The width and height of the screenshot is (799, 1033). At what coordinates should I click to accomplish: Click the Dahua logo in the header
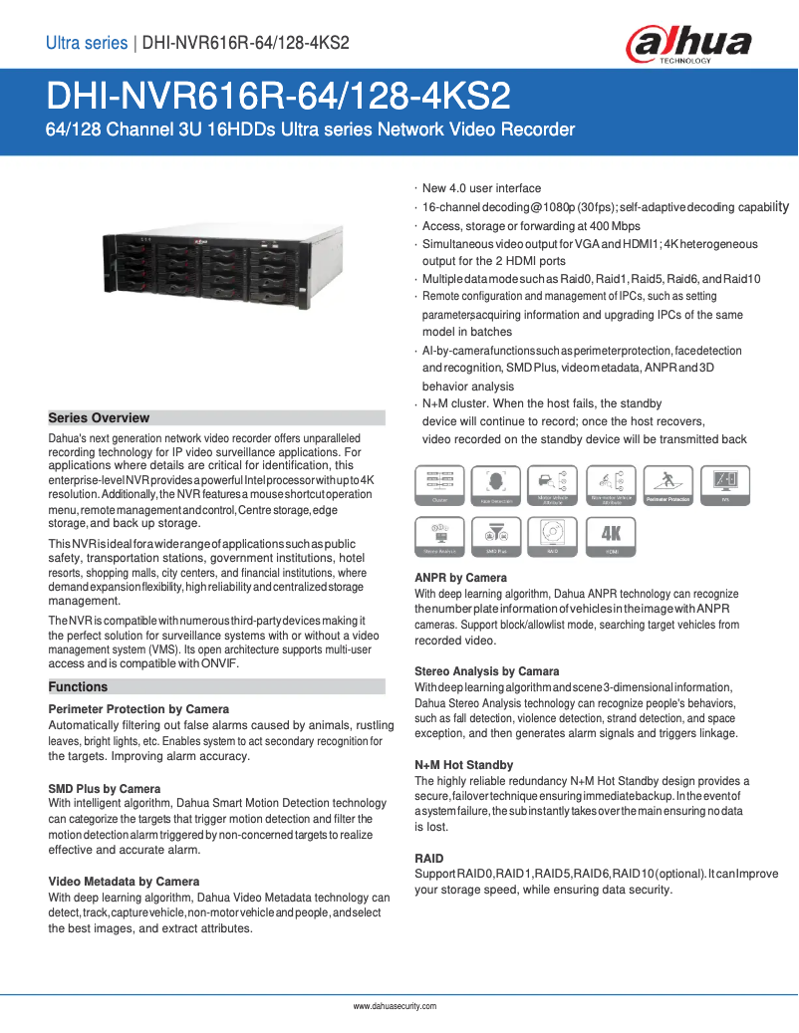687,45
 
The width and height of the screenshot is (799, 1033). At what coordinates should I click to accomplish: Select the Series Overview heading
99,418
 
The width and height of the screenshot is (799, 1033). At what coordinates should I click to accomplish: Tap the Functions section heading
78,687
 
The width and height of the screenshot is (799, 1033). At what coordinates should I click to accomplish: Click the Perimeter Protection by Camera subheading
138,709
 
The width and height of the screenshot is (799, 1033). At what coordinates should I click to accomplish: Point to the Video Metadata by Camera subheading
124,882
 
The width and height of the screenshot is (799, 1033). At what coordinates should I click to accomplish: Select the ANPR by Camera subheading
460,578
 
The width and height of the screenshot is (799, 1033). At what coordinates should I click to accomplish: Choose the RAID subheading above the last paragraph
429,859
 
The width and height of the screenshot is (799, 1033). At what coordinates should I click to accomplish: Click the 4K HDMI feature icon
612,536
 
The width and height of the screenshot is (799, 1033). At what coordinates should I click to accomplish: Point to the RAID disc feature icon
554,536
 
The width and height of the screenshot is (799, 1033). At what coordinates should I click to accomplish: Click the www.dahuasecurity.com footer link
396,1006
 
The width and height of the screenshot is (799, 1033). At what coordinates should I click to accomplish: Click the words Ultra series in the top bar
87,43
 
